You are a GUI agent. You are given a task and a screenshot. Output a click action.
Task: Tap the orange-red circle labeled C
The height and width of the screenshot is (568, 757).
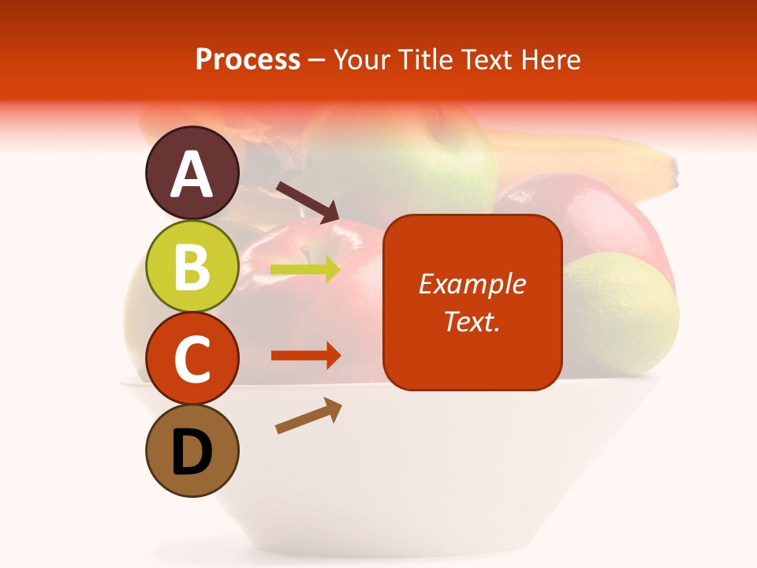[x=192, y=359]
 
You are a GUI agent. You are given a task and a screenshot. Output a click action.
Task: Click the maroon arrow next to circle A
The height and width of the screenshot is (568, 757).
[x=307, y=202]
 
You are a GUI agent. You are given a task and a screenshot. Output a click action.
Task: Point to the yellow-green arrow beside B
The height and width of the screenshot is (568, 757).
[x=305, y=270]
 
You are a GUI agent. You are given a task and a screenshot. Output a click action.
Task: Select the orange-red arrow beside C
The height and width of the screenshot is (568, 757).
[x=305, y=356]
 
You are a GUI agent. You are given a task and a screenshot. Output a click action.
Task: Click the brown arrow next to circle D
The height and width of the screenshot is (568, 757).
[x=308, y=416]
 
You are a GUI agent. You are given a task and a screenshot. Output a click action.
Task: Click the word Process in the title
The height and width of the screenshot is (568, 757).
[x=248, y=60]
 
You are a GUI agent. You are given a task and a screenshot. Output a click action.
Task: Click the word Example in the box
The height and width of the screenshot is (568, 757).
[x=472, y=284]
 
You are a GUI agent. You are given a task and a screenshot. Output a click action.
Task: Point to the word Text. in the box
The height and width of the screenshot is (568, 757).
[x=472, y=321]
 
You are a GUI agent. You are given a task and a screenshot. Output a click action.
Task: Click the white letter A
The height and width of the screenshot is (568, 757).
[x=192, y=175]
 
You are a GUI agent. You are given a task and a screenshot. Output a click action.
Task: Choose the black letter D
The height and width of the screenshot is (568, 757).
[x=192, y=453]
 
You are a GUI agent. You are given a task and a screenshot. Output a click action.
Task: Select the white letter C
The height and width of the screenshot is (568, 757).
[x=192, y=359]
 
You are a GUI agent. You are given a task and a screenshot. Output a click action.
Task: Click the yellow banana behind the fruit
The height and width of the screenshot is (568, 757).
[x=599, y=162]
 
